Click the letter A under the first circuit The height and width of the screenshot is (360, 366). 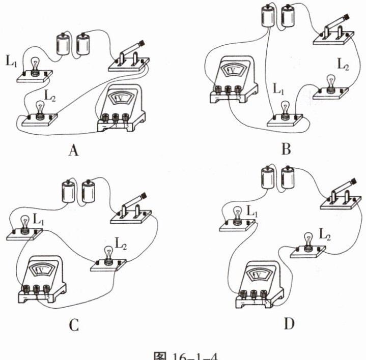pyautogui.click(x=75, y=151)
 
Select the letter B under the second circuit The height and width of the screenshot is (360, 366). pyautogui.click(x=286, y=149)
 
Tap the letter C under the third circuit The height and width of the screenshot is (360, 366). pyautogui.click(x=74, y=323)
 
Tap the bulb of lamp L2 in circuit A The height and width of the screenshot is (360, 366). pyautogui.click(x=40, y=107)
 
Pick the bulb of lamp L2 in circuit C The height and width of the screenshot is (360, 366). pyautogui.click(x=108, y=253)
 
